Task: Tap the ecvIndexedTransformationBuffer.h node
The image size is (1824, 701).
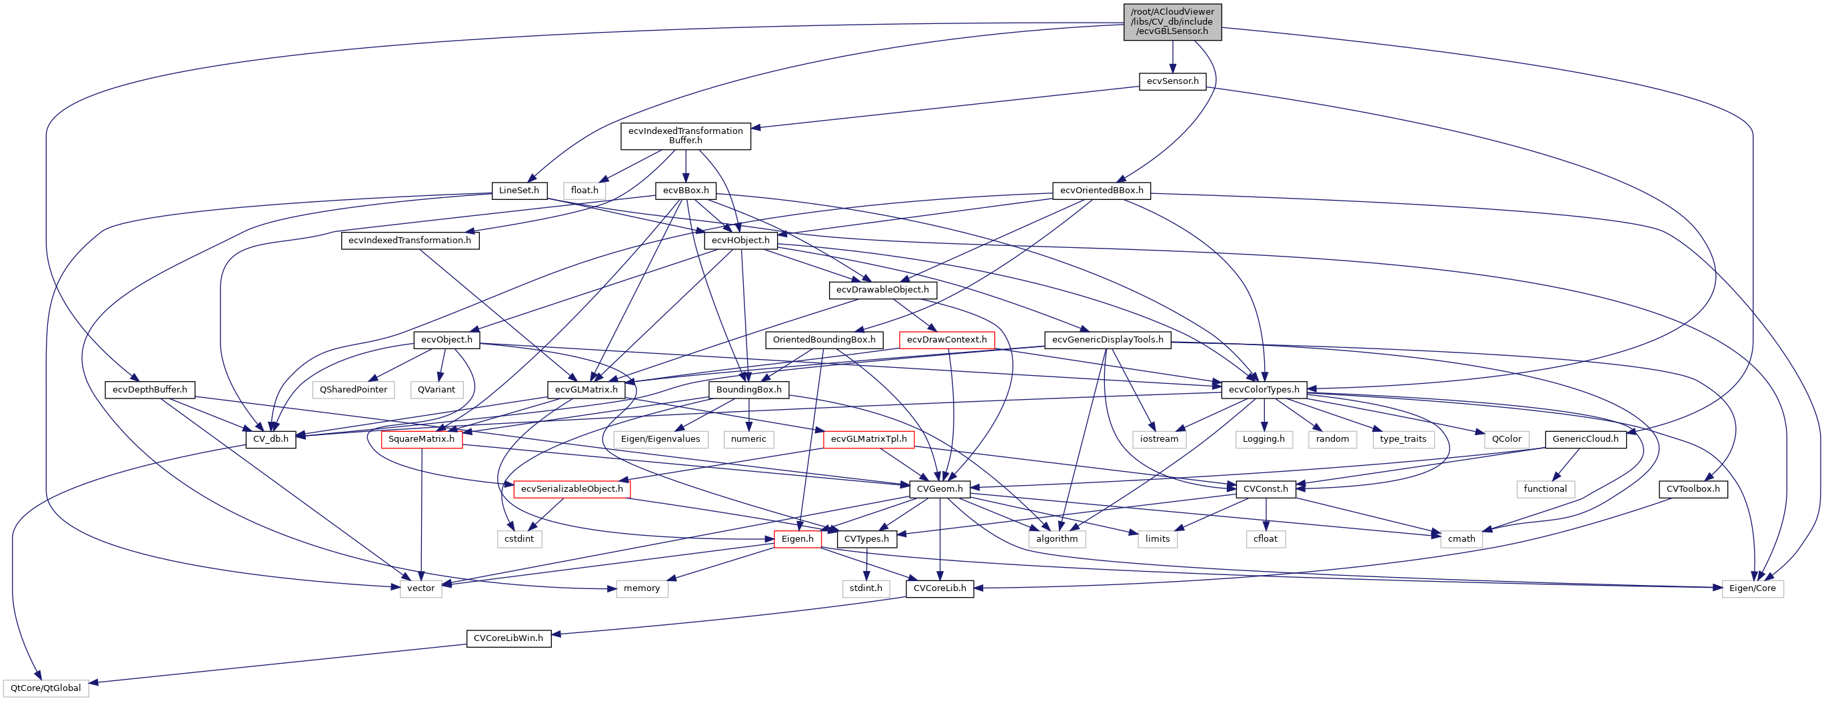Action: click(685, 135)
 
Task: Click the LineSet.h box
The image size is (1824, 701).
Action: click(518, 191)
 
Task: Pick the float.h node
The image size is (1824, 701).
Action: click(584, 191)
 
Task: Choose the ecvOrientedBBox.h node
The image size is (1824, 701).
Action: click(1101, 191)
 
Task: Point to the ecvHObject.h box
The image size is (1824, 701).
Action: click(740, 241)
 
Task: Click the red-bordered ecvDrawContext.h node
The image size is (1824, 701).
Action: click(947, 340)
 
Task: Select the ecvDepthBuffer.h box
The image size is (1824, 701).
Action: click(149, 389)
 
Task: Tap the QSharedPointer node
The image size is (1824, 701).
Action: click(353, 389)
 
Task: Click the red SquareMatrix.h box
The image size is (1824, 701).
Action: click(421, 439)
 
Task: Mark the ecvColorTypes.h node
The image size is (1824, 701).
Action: click(1264, 389)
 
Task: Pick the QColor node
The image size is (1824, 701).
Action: click(1506, 439)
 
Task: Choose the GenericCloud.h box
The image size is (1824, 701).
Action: click(1585, 439)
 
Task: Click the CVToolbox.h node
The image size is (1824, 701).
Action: click(1692, 489)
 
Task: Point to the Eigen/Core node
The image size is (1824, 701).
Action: click(1752, 588)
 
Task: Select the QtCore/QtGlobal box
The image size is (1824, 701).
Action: click(45, 688)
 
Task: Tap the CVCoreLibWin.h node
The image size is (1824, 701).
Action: click(508, 638)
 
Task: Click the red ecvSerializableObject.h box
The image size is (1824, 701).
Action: click(572, 489)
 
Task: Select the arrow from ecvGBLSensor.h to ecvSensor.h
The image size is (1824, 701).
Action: click(1173, 57)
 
